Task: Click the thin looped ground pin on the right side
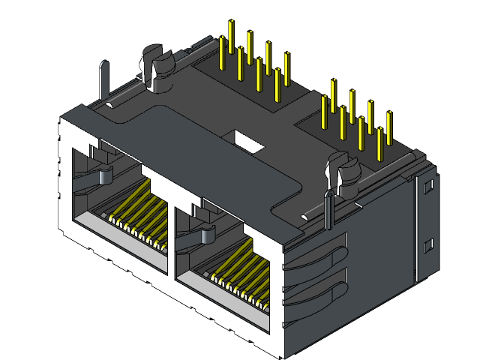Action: point(328,210)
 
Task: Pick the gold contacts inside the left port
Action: point(139,217)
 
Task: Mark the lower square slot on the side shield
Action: point(428,245)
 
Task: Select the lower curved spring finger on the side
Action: point(315,296)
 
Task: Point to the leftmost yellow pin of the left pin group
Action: point(223,52)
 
